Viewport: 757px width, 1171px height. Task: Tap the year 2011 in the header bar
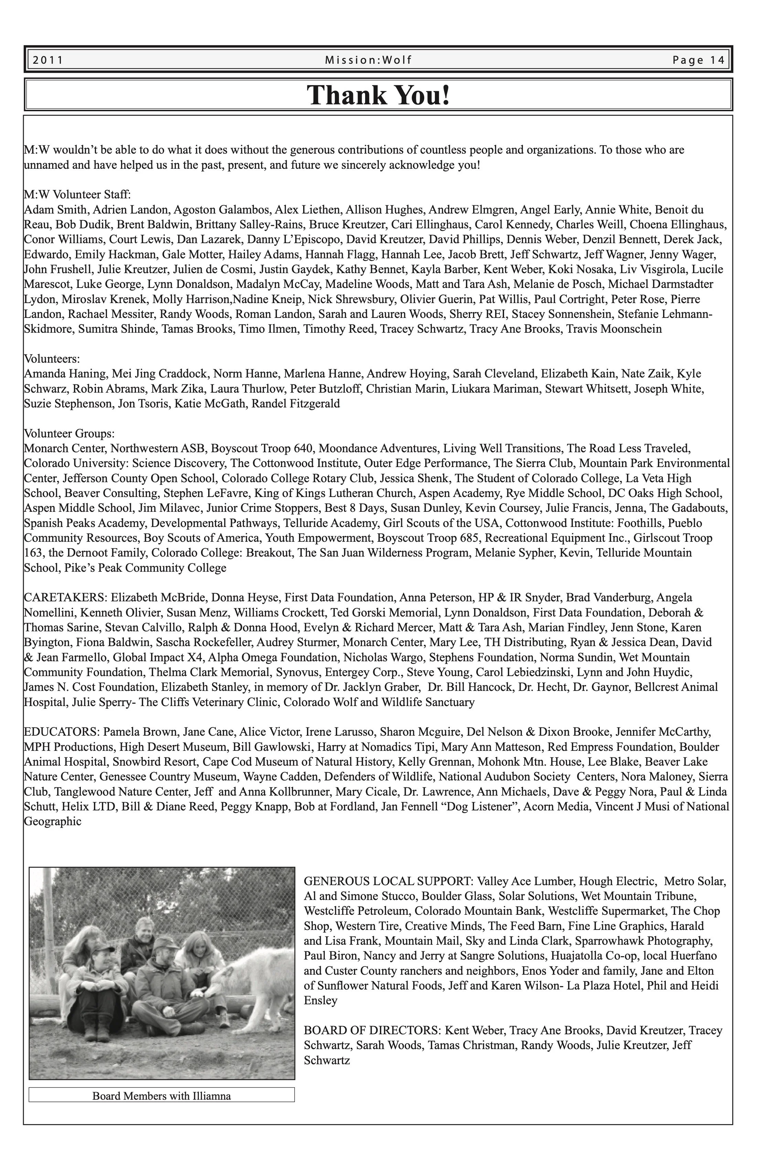48,60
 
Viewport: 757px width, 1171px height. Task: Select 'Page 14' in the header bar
699,60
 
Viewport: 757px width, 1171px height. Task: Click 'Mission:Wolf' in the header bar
368,60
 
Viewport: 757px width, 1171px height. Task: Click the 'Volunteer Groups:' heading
69,434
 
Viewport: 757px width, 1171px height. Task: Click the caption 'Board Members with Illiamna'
162,1096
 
